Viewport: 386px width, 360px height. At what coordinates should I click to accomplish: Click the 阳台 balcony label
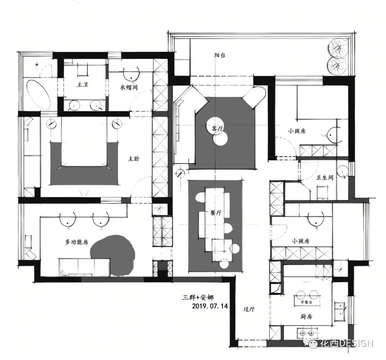[x=219, y=55]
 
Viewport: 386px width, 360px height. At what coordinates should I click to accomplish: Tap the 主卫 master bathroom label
[x=83, y=85]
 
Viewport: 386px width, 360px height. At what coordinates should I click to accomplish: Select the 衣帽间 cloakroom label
[x=129, y=87]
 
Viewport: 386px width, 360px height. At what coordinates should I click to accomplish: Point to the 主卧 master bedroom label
[x=134, y=159]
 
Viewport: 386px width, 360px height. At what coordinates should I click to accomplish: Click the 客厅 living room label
[x=217, y=128]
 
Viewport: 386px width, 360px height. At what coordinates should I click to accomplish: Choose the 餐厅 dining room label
[x=216, y=213]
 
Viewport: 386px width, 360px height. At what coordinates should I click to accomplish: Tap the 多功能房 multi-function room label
[x=76, y=242]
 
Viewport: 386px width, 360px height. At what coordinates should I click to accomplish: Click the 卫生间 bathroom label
[x=325, y=177]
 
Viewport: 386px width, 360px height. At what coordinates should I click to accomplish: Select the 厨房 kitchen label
[x=306, y=316]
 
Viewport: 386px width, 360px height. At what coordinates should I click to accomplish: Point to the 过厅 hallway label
[x=249, y=309]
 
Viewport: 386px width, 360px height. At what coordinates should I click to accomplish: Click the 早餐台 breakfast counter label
[x=306, y=302]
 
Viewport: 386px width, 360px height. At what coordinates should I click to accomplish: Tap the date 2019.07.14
[x=210, y=306]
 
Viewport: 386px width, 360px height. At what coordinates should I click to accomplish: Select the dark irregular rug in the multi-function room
[x=113, y=255]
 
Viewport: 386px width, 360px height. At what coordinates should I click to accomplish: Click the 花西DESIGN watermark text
[x=347, y=343]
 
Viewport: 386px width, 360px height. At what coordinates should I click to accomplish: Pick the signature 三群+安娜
[x=198, y=297]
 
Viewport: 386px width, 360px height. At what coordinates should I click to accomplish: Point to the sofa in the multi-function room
[x=84, y=267]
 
